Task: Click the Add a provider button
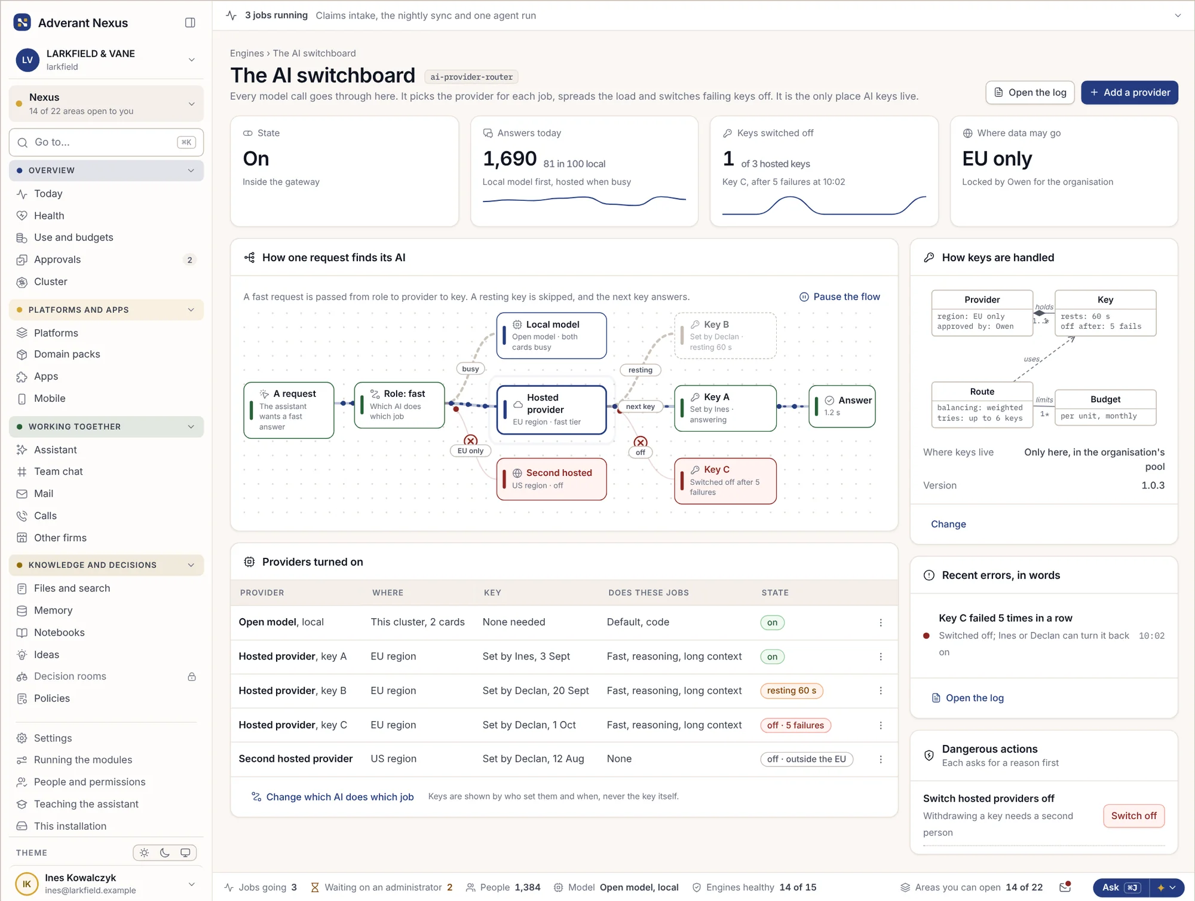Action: click(1129, 93)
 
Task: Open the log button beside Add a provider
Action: click(1030, 93)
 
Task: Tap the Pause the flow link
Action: click(839, 297)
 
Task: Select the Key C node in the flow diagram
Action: click(725, 481)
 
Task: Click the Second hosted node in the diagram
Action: click(551, 479)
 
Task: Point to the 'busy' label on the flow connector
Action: click(470, 369)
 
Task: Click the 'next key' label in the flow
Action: click(640, 407)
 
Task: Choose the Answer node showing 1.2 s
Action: click(842, 406)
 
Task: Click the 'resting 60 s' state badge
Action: click(791, 691)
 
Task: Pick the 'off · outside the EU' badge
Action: click(807, 759)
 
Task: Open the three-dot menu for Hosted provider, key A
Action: click(881, 656)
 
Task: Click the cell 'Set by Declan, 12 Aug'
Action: click(534, 759)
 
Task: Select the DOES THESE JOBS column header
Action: click(648, 592)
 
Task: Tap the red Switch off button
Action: click(1133, 816)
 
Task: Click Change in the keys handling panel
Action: click(948, 524)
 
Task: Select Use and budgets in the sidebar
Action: click(73, 237)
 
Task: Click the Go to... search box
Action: click(106, 142)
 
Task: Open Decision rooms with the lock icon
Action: click(70, 676)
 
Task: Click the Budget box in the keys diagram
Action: click(1105, 408)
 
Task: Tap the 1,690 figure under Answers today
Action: click(510, 158)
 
